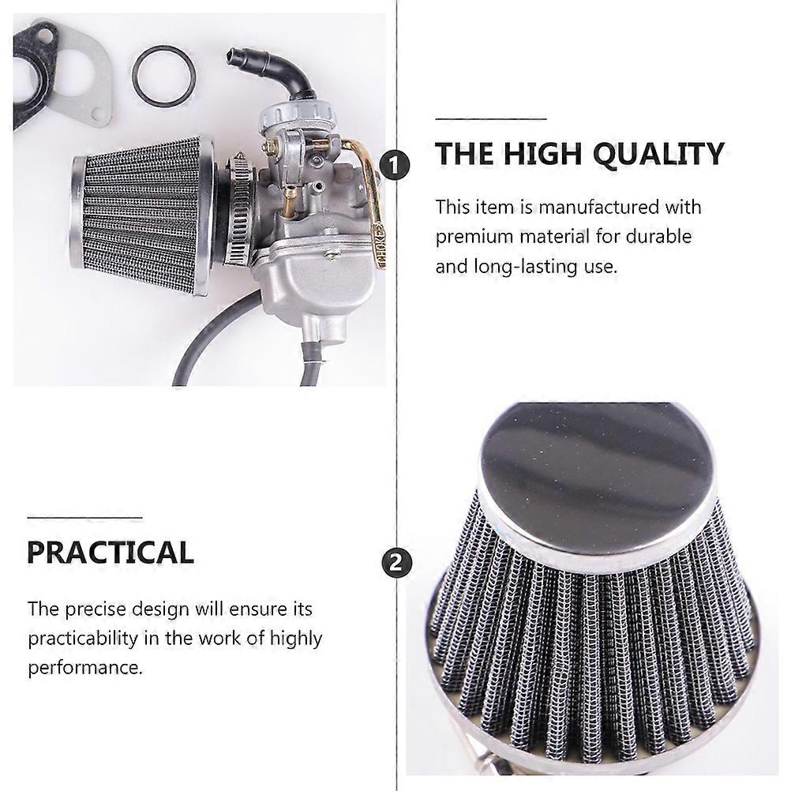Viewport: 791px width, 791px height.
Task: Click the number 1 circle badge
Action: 395,165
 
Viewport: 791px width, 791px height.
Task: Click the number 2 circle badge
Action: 396,561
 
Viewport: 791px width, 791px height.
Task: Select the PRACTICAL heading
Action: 110,552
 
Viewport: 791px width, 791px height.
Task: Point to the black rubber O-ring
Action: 163,76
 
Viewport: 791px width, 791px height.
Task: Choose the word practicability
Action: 83,639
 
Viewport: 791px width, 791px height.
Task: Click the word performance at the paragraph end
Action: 85,668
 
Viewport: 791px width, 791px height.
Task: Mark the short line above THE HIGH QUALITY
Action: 491,119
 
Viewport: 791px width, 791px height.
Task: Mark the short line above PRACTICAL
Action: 84,518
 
